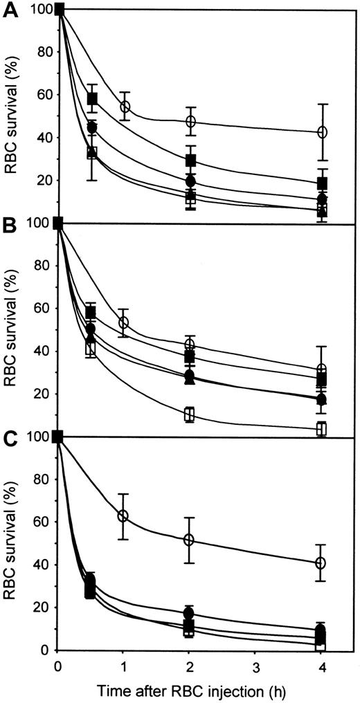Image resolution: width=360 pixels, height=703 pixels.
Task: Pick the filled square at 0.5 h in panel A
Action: pyautogui.click(x=92, y=98)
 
